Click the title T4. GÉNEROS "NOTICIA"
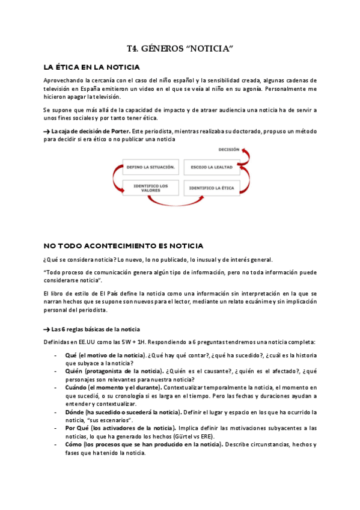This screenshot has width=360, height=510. pyautogui.click(x=180, y=49)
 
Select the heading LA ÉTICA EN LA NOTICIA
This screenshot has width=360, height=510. pyautogui.click(x=92, y=67)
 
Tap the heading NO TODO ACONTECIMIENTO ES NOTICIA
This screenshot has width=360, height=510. pyautogui.click(x=124, y=246)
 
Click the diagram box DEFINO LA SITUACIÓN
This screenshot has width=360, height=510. pyautogui.click(x=150, y=166)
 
